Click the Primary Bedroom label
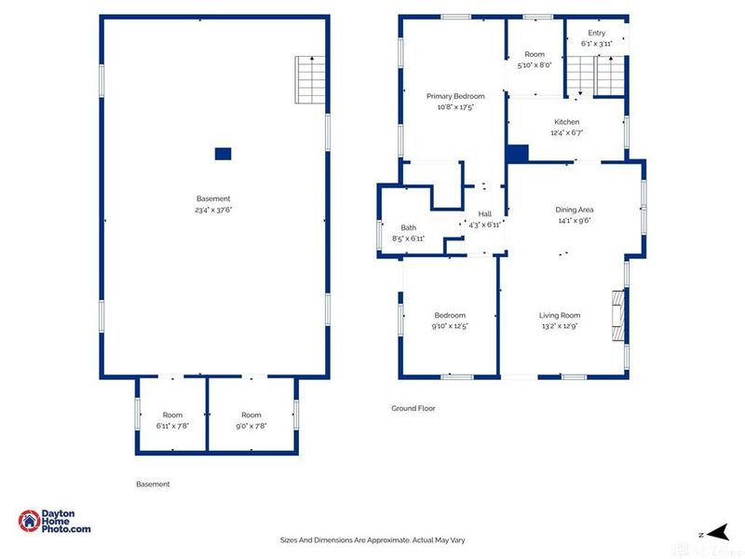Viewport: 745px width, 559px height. [x=455, y=96]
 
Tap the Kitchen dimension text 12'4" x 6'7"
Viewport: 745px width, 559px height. [x=566, y=133]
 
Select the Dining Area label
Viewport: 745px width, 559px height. [x=574, y=210]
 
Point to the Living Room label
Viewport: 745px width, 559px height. [x=561, y=315]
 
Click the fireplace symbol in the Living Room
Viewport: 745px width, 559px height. [x=616, y=317]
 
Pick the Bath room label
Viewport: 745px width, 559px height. [x=408, y=227]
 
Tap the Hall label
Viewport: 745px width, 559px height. [x=484, y=213]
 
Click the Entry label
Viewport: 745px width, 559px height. [x=596, y=33]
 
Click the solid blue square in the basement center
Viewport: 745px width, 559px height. [x=223, y=154]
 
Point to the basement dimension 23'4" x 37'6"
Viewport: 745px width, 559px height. [x=213, y=210]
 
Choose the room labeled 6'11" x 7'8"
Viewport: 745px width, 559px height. [x=172, y=420]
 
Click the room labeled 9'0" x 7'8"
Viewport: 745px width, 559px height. [x=251, y=420]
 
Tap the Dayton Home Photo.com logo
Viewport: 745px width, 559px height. [x=55, y=522]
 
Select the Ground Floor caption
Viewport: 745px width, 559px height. [x=413, y=408]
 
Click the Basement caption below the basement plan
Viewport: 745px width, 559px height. [x=153, y=484]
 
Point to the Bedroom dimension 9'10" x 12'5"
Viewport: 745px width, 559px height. [x=449, y=326]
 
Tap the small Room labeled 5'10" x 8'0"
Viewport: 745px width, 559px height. [x=535, y=60]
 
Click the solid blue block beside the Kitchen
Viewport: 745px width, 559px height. [x=517, y=154]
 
